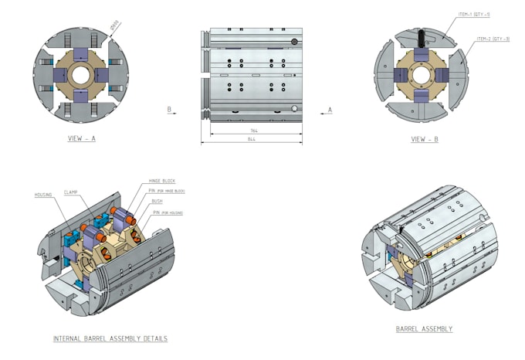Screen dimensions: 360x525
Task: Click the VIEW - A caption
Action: pyautogui.click(x=82, y=139)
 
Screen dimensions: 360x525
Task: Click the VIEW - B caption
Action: pyautogui.click(x=423, y=139)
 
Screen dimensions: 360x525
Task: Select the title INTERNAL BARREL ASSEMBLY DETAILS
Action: pyautogui.click(x=110, y=338)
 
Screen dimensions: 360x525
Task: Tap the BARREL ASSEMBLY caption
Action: pyautogui.click(x=424, y=329)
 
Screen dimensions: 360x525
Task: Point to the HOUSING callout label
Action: pyautogui.click(x=43, y=194)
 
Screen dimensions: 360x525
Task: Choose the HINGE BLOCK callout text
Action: pyautogui.click(x=162, y=181)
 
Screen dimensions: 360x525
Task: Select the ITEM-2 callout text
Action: pyautogui.click(x=493, y=39)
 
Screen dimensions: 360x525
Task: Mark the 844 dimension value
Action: pyautogui.click(x=252, y=140)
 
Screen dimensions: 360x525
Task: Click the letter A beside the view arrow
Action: pyautogui.click(x=330, y=110)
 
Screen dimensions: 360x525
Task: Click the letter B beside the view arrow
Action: pyautogui.click(x=169, y=110)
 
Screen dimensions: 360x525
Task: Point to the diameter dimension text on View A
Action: pyautogui.click(x=116, y=28)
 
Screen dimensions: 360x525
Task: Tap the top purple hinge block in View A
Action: pyautogui.click(x=81, y=54)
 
